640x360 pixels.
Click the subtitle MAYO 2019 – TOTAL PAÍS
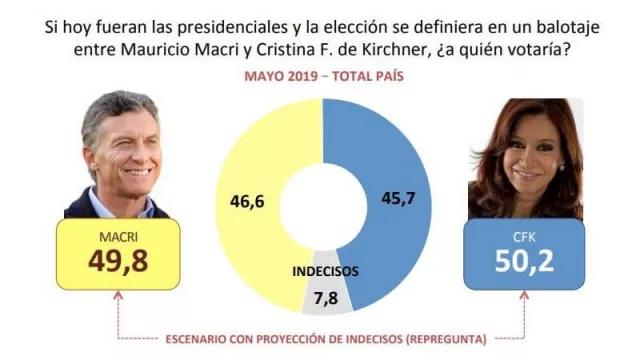[x=320, y=75]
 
